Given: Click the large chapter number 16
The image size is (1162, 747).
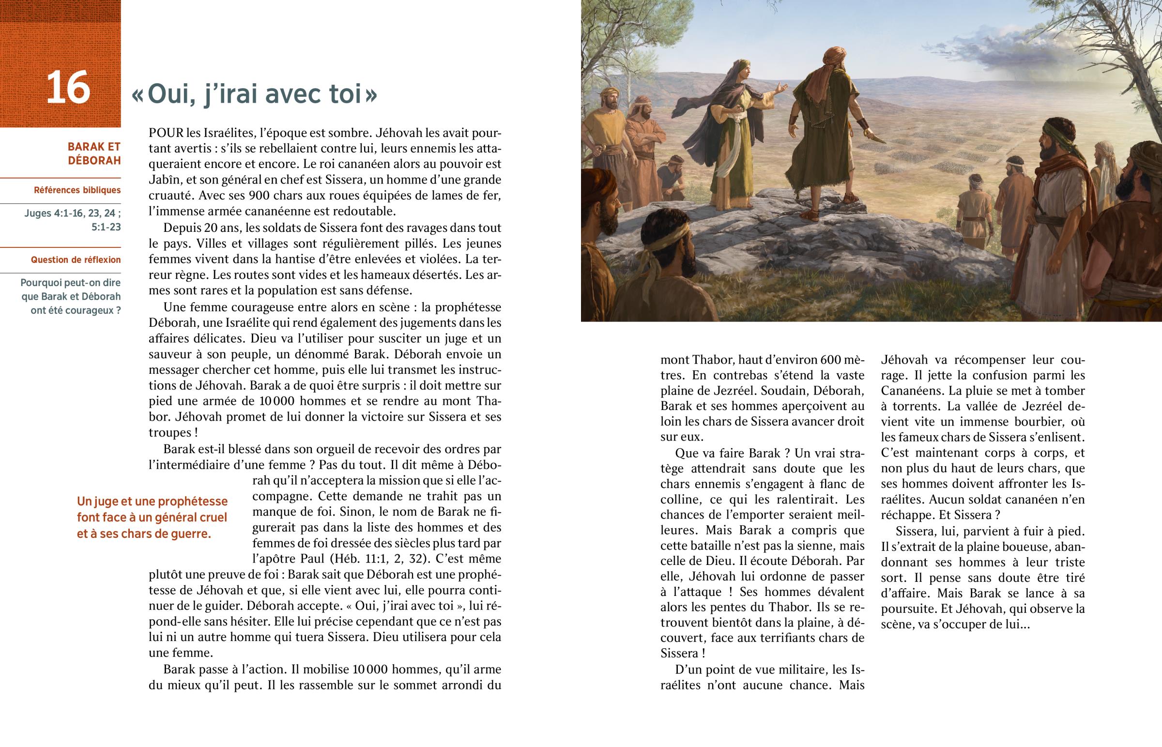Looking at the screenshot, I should click(x=68, y=88).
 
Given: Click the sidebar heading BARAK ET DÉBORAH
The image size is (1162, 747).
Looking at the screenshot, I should click(x=94, y=153).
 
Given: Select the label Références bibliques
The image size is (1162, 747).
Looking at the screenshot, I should click(x=77, y=190).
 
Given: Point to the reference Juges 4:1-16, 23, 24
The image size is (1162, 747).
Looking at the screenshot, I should click(x=72, y=213).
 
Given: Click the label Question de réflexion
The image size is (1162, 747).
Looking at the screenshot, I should click(x=76, y=260).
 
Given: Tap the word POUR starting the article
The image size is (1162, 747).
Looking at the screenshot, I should click(x=167, y=133).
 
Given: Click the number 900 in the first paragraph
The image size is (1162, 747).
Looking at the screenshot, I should click(x=260, y=196).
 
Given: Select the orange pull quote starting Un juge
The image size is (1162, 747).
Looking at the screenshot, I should click(x=152, y=518).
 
